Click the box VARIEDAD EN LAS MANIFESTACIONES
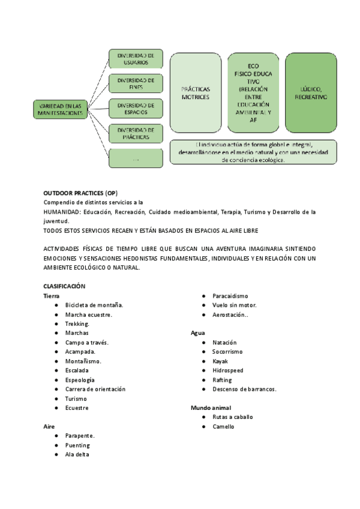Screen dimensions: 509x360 [60, 109]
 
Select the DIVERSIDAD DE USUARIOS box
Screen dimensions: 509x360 [136, 58]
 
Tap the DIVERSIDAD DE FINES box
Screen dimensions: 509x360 [136, 83]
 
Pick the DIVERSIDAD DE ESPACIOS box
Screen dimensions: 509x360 [136, 108]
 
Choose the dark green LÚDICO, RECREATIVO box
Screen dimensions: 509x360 [310, 92]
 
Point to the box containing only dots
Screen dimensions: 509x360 [136, 158]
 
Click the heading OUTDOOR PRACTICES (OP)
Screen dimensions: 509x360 [80, 193]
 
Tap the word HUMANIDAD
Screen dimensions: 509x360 [62, 212]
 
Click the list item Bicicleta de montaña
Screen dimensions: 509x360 [94, 305]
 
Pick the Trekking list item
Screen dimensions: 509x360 [77, 324]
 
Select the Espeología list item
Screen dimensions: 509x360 [80, 380]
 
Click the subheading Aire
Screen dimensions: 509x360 [49, 426]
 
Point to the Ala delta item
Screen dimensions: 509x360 [78, 454]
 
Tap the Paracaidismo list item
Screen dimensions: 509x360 [230, 296]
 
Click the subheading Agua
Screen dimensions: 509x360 [198, 333]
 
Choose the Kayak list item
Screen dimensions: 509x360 [220, 361]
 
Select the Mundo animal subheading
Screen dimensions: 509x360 [211, 408]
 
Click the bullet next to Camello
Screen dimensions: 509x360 [205, 427]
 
